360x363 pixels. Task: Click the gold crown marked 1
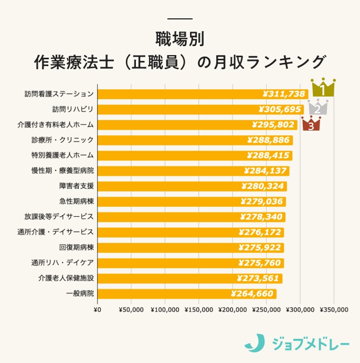(x=323, y=88)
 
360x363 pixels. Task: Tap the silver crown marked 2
(x=317, y=108)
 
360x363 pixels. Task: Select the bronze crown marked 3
(x=311, y=124)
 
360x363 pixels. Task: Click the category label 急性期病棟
(x=77, y=201)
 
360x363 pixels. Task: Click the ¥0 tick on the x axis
(x=97, y=309)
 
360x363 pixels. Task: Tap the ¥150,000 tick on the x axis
(x=199, y=309)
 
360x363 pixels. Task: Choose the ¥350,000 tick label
(x=334, y=309)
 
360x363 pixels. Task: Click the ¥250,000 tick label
(x=267, y=309)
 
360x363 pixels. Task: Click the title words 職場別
(x=179, y=39)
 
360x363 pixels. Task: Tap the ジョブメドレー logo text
(x=311, y=344)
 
